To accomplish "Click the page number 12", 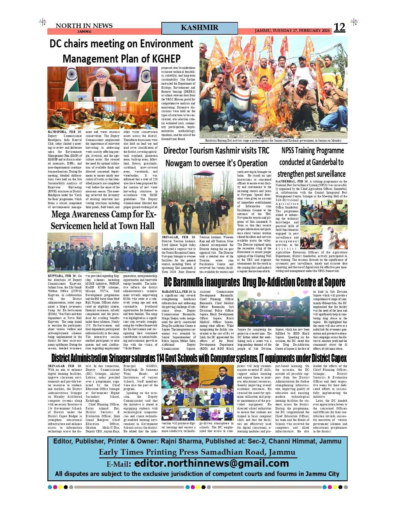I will point(339,28).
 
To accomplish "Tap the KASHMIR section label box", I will point(200,28).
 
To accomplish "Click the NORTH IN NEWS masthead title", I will point(84,26).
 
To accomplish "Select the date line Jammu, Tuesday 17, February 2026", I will point(292,31).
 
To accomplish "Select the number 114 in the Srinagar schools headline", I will point(160,358).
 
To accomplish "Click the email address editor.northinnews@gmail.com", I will point(212,463).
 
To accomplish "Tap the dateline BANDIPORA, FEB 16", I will point(65,132).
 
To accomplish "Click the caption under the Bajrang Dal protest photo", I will point(273,141).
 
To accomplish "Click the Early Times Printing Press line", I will point(197,452).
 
